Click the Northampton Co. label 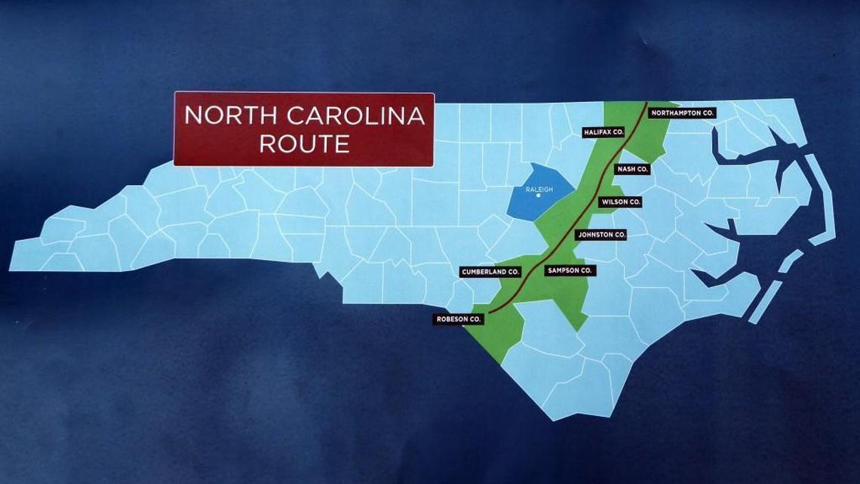click(x=682, y=113)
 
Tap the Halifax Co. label click(x=604, y=132)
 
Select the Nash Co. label click(x=632, y=169)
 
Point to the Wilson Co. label click(x=621, y=202)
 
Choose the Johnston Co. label click(x=600, y=235)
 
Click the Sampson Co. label click(x=570, y=270)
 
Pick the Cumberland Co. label click(x=490, y=271)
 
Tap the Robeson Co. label click(x=459, y=319)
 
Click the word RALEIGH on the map click(x=539, y=189)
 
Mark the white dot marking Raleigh click(x=538, y=196)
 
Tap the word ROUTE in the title click(x=304, y=143)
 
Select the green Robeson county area click(x=501, y=332)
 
